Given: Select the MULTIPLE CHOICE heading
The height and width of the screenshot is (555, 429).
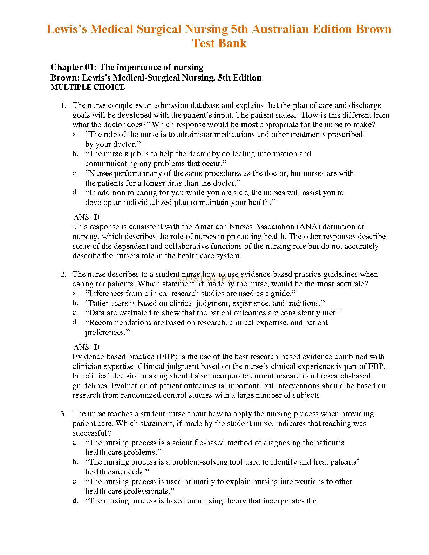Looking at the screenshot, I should click(88, 87).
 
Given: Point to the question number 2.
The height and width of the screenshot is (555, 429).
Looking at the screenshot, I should click(63, 274).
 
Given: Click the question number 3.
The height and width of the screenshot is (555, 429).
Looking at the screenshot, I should click(63, 414).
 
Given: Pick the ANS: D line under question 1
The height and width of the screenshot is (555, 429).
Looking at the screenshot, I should click(87, 217).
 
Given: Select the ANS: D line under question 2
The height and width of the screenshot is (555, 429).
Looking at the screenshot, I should click(87, 347).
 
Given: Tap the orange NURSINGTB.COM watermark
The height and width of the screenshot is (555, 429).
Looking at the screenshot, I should click(211, 279).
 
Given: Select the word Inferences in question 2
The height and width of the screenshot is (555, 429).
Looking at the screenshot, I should click(106, 294).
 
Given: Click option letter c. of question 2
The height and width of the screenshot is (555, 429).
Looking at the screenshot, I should click(75, 313).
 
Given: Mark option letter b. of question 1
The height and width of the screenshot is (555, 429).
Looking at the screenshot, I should click(75, 153).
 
